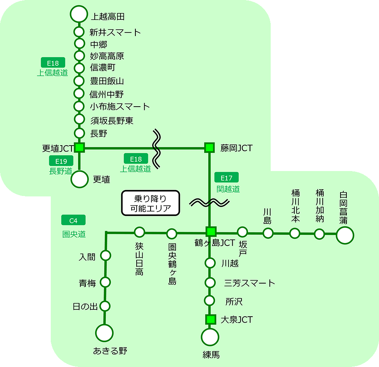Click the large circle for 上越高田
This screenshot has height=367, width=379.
(78, 14)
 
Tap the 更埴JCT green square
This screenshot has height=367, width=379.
(80, 147)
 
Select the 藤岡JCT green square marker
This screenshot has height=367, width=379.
(209, 147)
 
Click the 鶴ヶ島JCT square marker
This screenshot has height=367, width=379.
(211, 232)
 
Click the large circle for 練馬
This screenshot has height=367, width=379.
(210, 338)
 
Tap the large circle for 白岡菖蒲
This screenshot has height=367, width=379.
(345, 235)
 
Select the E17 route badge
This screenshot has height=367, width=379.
(227, 177)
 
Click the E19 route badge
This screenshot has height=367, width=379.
(61, 161)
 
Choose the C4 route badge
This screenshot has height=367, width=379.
(74, 221)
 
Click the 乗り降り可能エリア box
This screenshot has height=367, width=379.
(151, 203)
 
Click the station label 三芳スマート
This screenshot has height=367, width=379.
(250, 283)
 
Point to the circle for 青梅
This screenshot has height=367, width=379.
(105, 282)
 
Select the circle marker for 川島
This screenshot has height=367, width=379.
(268, 233)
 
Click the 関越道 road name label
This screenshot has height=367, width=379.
(228, 189)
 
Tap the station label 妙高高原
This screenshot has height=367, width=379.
(107, 56)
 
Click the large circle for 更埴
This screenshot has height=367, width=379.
(80, 179)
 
